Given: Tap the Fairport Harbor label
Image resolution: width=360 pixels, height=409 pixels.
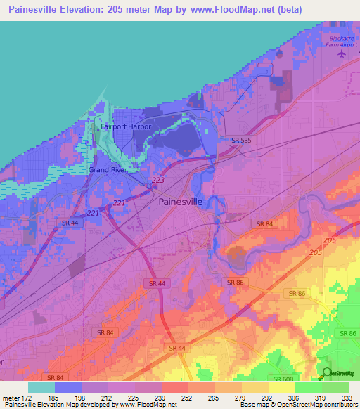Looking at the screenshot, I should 126,127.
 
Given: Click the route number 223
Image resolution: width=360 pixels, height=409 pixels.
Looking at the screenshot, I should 157,181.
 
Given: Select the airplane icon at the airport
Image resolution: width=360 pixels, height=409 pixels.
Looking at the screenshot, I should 342,53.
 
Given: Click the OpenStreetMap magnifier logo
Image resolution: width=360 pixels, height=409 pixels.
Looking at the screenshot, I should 327,373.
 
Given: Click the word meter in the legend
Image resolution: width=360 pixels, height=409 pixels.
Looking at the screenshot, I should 8,397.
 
